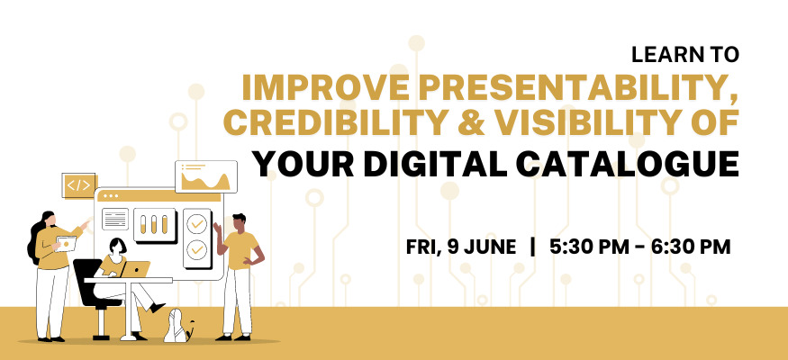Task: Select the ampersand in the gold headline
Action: coord(472,123)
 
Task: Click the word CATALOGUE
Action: coord(628,164)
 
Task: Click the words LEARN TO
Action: coord(685,55)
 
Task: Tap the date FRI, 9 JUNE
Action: coord(461,247)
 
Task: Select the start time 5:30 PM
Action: coord(587,247)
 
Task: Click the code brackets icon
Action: coord(79,185)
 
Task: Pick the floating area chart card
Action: coord(205,176)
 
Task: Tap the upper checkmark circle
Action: coord(196,224)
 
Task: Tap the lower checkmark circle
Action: coord(196,249)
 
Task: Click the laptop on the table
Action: coord(134,270)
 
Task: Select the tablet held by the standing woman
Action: coord(67,244)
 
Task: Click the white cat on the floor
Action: coord(179,327)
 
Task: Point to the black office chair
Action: coord(95,297)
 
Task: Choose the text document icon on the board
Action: coord(115,219)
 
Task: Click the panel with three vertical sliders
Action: coord(155,225)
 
